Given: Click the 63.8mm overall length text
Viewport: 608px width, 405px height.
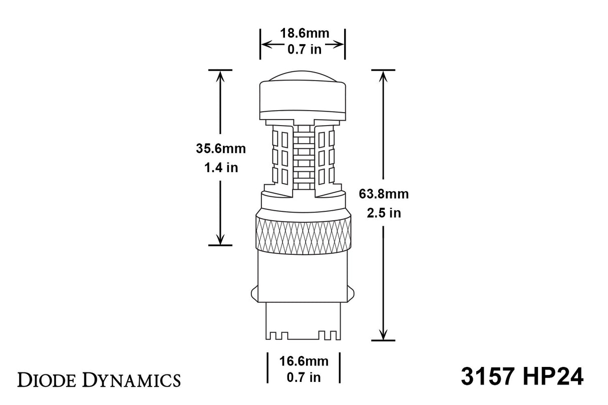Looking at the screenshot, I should pos(384,194).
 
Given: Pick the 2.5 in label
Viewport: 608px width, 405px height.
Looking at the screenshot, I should pos(384,213).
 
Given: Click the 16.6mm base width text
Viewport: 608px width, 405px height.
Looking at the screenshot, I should pos(303,360).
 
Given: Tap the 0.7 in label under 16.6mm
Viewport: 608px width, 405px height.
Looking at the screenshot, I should pos(303,377).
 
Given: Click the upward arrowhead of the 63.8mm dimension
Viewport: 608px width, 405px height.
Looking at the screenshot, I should pos(384,75).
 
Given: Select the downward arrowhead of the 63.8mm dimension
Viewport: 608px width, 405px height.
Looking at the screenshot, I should pos(384,335).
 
